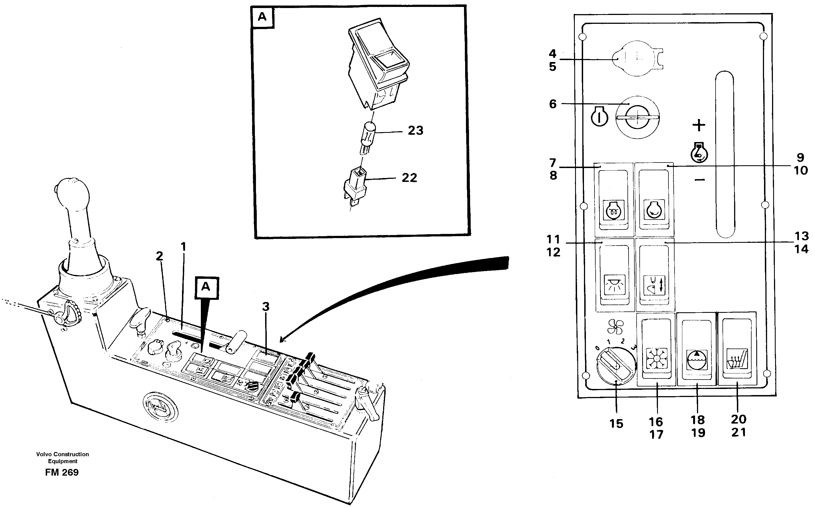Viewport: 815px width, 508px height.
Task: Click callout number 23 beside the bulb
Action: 415,130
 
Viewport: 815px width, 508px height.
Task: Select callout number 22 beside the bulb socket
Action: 409,177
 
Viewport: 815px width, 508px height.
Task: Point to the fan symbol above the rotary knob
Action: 615,327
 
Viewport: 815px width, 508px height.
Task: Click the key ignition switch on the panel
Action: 637,117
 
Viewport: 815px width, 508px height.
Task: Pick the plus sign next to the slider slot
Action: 699,125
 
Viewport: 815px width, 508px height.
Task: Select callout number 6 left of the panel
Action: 553,104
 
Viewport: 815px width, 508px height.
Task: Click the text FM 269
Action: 62,472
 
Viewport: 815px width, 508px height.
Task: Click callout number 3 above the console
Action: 265,306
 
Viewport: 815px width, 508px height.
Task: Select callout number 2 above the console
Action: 159,256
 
